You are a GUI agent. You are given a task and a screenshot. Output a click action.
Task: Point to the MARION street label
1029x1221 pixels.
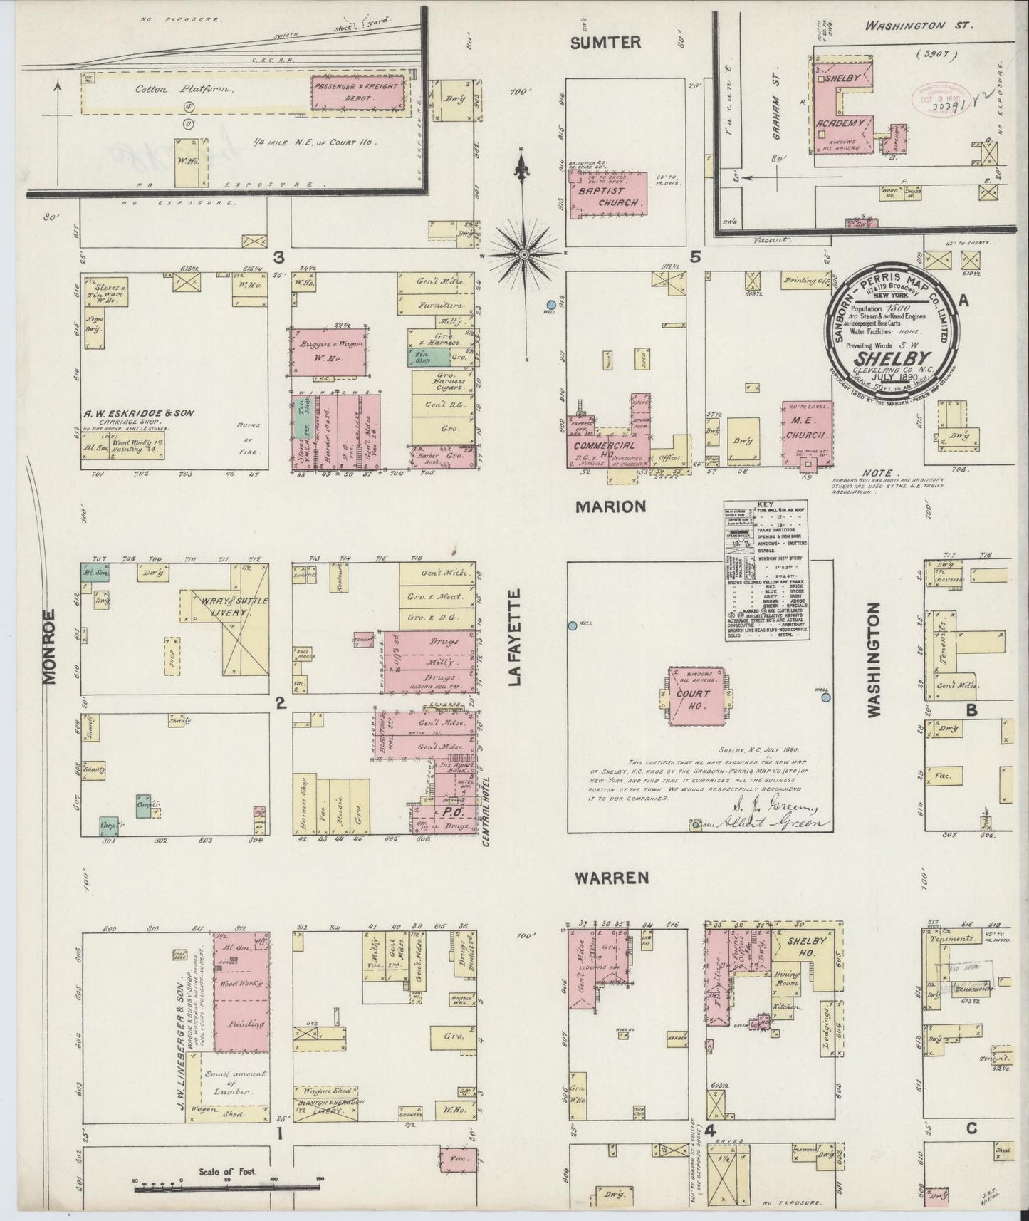coord(611,506)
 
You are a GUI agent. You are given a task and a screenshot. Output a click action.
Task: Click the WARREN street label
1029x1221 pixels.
coord(613,878)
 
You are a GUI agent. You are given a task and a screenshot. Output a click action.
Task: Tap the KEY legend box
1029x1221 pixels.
coord(759,570)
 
